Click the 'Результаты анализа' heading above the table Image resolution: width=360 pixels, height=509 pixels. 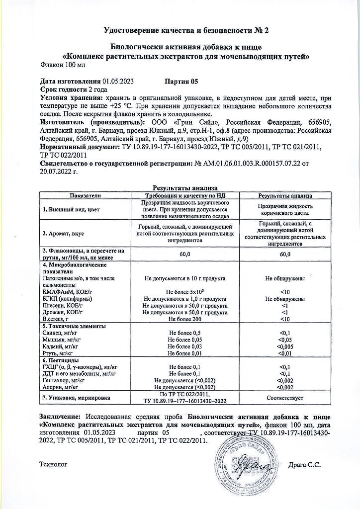[x=185, y=188]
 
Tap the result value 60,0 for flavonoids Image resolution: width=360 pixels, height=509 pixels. [x=285, y=254]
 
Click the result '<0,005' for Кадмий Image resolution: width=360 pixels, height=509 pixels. [x=285, y=346]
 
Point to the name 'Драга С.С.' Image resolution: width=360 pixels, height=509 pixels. [x=304, y=465]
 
